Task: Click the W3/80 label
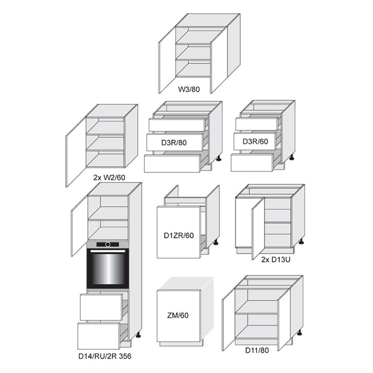[x=189, y=90]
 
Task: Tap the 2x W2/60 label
[x=109, y=177]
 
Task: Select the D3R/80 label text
[x=174, y=143]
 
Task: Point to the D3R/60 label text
[x=255, y=141]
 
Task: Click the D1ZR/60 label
[x=179, y=235]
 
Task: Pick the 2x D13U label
[x=276, y=260]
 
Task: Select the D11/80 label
[x=257, y=350]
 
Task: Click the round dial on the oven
[x=108, y=245]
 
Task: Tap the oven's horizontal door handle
[x=108, y=251]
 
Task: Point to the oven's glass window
[x=108, y=269]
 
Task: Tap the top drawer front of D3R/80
[x=177, y=125]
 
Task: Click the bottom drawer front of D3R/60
[x=252, y=162]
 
